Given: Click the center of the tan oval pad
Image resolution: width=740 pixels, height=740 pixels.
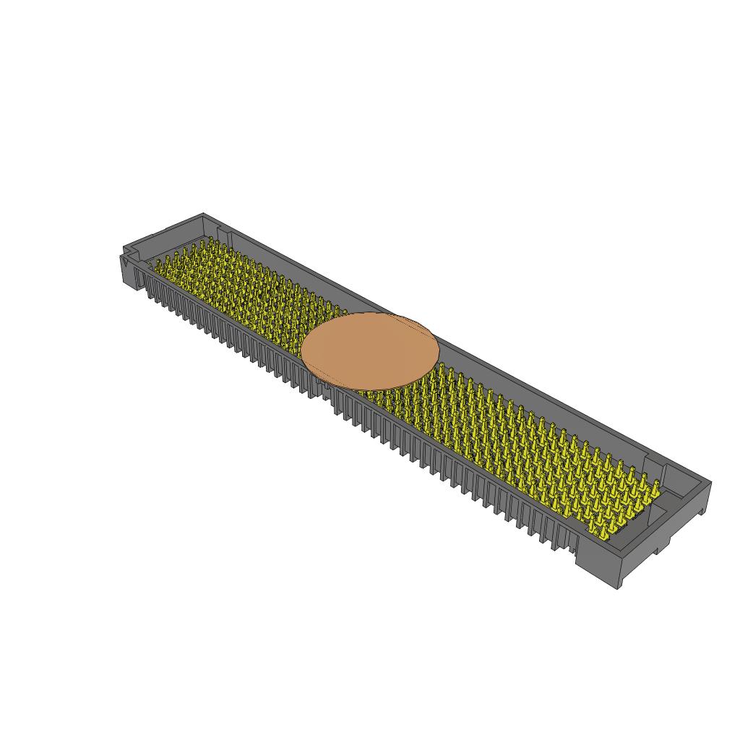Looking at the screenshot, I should point(370,350).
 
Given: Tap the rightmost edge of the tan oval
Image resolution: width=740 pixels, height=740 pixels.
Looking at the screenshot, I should point(439,347).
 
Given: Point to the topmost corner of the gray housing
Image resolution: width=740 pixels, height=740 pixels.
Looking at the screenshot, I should point(203,213).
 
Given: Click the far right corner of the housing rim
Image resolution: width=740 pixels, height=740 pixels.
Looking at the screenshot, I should point(711,482).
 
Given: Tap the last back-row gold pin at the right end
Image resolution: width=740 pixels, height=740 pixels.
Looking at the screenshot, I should point(656,486).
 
